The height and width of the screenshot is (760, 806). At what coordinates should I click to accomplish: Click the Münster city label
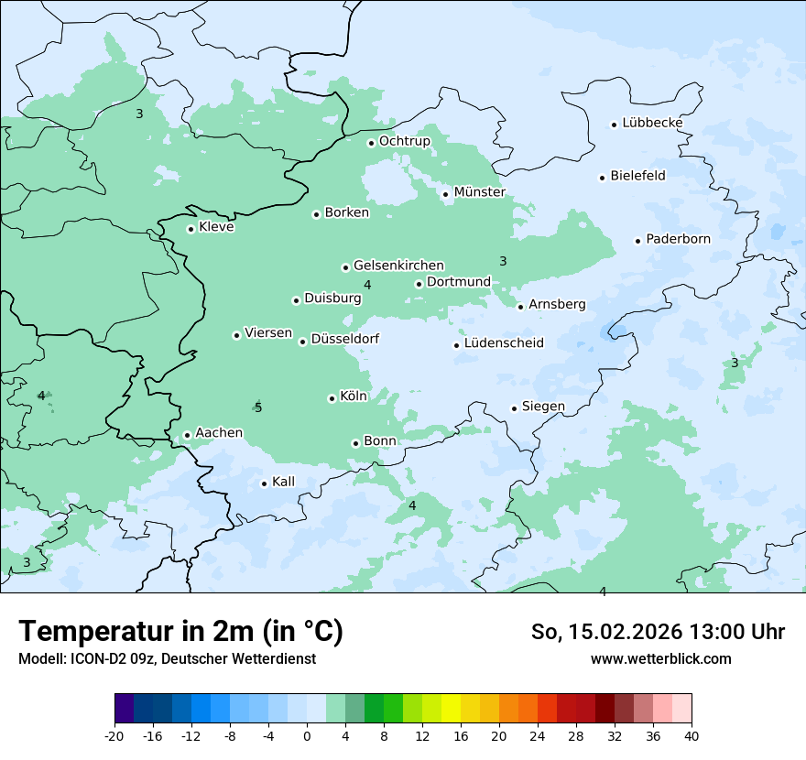tap(479, 192)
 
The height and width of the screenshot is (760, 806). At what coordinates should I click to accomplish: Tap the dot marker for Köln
tap(332, 398)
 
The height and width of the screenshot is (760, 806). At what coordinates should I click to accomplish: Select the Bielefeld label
tap(637, 176)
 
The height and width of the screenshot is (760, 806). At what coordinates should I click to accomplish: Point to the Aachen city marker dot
tap(187, 436)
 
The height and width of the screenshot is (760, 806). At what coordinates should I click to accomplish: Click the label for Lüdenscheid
tap(504, 343)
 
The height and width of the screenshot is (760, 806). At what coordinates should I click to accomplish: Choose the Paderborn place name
tap(678, 239)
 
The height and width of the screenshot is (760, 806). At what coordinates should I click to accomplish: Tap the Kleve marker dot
tap(191, 229)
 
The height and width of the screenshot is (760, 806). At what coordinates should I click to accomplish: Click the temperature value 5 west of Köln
tap(258, 408)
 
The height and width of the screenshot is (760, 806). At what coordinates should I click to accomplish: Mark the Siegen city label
tap(543, 407)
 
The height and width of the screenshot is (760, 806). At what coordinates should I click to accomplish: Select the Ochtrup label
tap(404, 141)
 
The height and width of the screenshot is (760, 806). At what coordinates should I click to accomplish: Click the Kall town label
tap(283, 482)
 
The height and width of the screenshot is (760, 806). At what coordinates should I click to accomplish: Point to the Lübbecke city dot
tap(614, 125)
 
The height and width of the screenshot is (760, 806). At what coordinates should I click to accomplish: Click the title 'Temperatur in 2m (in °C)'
tap(181, 632)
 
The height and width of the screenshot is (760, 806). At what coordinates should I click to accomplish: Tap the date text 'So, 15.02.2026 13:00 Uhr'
tap(658, 632)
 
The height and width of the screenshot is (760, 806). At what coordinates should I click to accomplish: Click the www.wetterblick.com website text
tap(660, 658)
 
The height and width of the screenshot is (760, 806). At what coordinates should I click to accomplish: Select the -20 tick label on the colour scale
tap(114, 736)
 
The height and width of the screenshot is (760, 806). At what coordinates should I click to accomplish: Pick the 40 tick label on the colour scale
tap(692, 736)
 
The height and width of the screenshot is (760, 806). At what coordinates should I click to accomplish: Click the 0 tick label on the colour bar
tap(307, 736)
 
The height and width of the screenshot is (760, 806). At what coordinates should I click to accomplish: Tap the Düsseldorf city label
tap(344, 339)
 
